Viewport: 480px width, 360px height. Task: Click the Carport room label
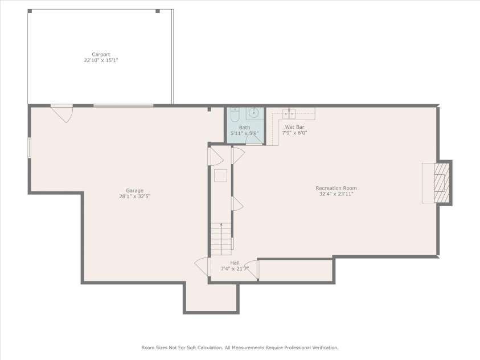[x=101, y=55]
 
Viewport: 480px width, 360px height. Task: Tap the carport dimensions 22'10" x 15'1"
[x=101, y=60]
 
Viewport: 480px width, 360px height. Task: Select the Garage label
[x=135, y=191]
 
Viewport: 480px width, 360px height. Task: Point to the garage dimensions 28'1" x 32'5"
[x=135, y=196]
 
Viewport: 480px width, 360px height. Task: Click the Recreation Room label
[x=336, y=188]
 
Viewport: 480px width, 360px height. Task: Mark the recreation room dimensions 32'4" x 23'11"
[x=336, y=194]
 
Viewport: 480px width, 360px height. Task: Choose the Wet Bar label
[x=294, y=127]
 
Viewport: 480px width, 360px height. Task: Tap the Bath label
[x=244, y=128]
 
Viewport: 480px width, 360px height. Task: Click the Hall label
[x=235, y=263]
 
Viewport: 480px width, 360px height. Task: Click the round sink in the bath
[x=256, y=113]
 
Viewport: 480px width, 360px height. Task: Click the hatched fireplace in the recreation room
[x=441, y=183]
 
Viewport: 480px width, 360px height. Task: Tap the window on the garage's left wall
[x=29, y=148]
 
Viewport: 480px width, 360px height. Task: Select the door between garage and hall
[x=202, y=267]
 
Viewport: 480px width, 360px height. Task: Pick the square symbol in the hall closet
[x=220, y=175]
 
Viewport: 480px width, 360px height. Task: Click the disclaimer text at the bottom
[x=240, y=347]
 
